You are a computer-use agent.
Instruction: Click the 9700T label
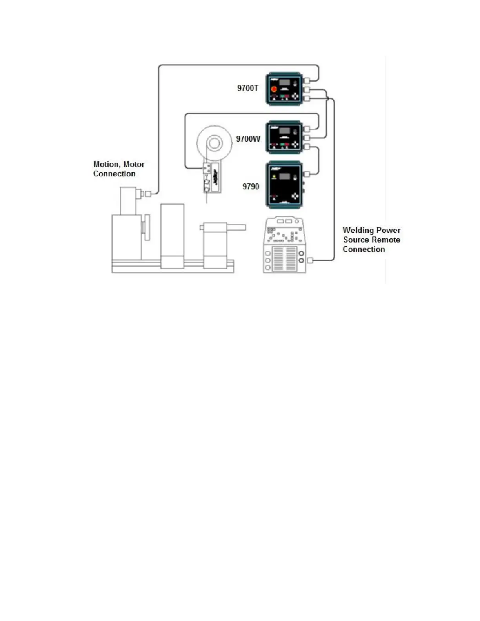tap(247, 88)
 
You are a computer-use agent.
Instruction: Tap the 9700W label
tap(248, 139)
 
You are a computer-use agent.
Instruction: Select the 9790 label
tap(251, 187)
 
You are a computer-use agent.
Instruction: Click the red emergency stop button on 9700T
tap(274, 89)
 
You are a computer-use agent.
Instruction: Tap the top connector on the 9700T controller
tap(307, 81)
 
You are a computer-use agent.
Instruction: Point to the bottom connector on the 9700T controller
tap(307, 99)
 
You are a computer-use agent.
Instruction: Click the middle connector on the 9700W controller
tap(307, 138)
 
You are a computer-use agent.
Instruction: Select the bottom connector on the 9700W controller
tap(307, 147)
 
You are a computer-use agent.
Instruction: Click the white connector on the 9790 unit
tap(307, 174)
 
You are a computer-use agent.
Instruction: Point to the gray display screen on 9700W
tap(284, 131)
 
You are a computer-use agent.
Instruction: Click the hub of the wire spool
tap(214, 143)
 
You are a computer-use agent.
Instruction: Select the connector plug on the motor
tap(148, 194)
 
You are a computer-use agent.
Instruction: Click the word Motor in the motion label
tap(134, 164)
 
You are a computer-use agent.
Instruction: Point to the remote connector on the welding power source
tap(310, 260)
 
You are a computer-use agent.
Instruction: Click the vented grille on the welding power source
tap(284, 259)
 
